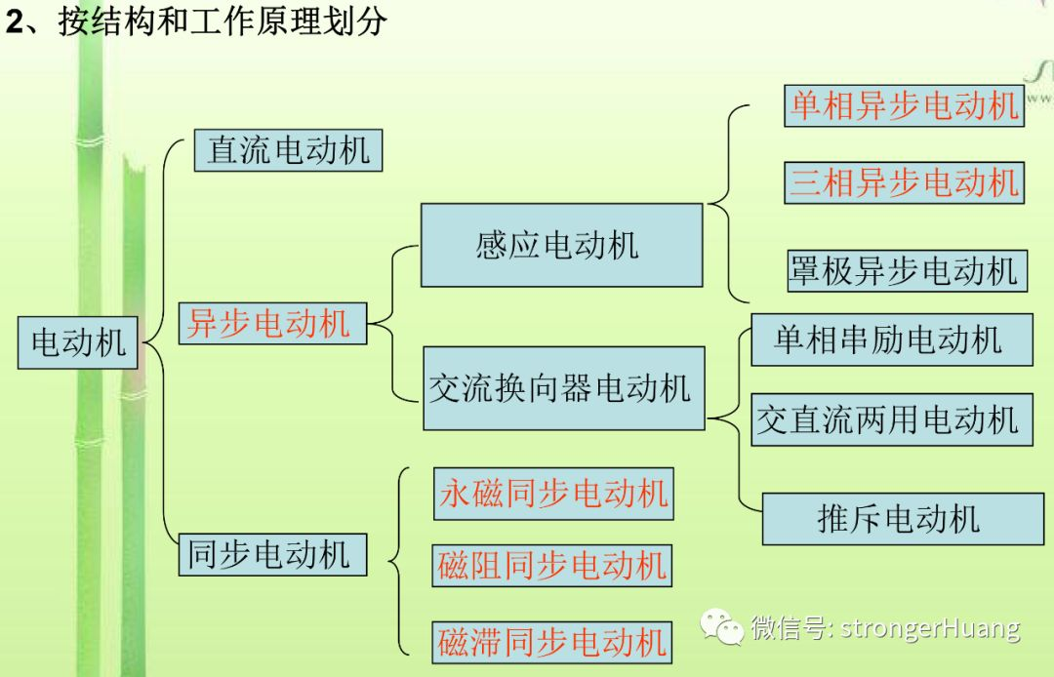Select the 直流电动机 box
[287, 150]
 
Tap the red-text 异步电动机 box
[272, 323]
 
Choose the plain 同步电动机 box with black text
[272, 554]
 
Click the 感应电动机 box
[561, 245]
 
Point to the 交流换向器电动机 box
[563, 388]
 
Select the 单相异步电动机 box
[904, 105]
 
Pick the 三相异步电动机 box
[904, 182]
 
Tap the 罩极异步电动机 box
[906, 270]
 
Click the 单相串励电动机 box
[891, 339]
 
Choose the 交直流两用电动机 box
[891, 419]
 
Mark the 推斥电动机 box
[902, 518]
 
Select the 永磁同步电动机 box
[553, 493]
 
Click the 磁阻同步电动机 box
[552, 566]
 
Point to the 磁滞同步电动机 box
[552, 641]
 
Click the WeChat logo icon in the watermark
[724, 627]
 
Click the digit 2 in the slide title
[14, 21]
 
